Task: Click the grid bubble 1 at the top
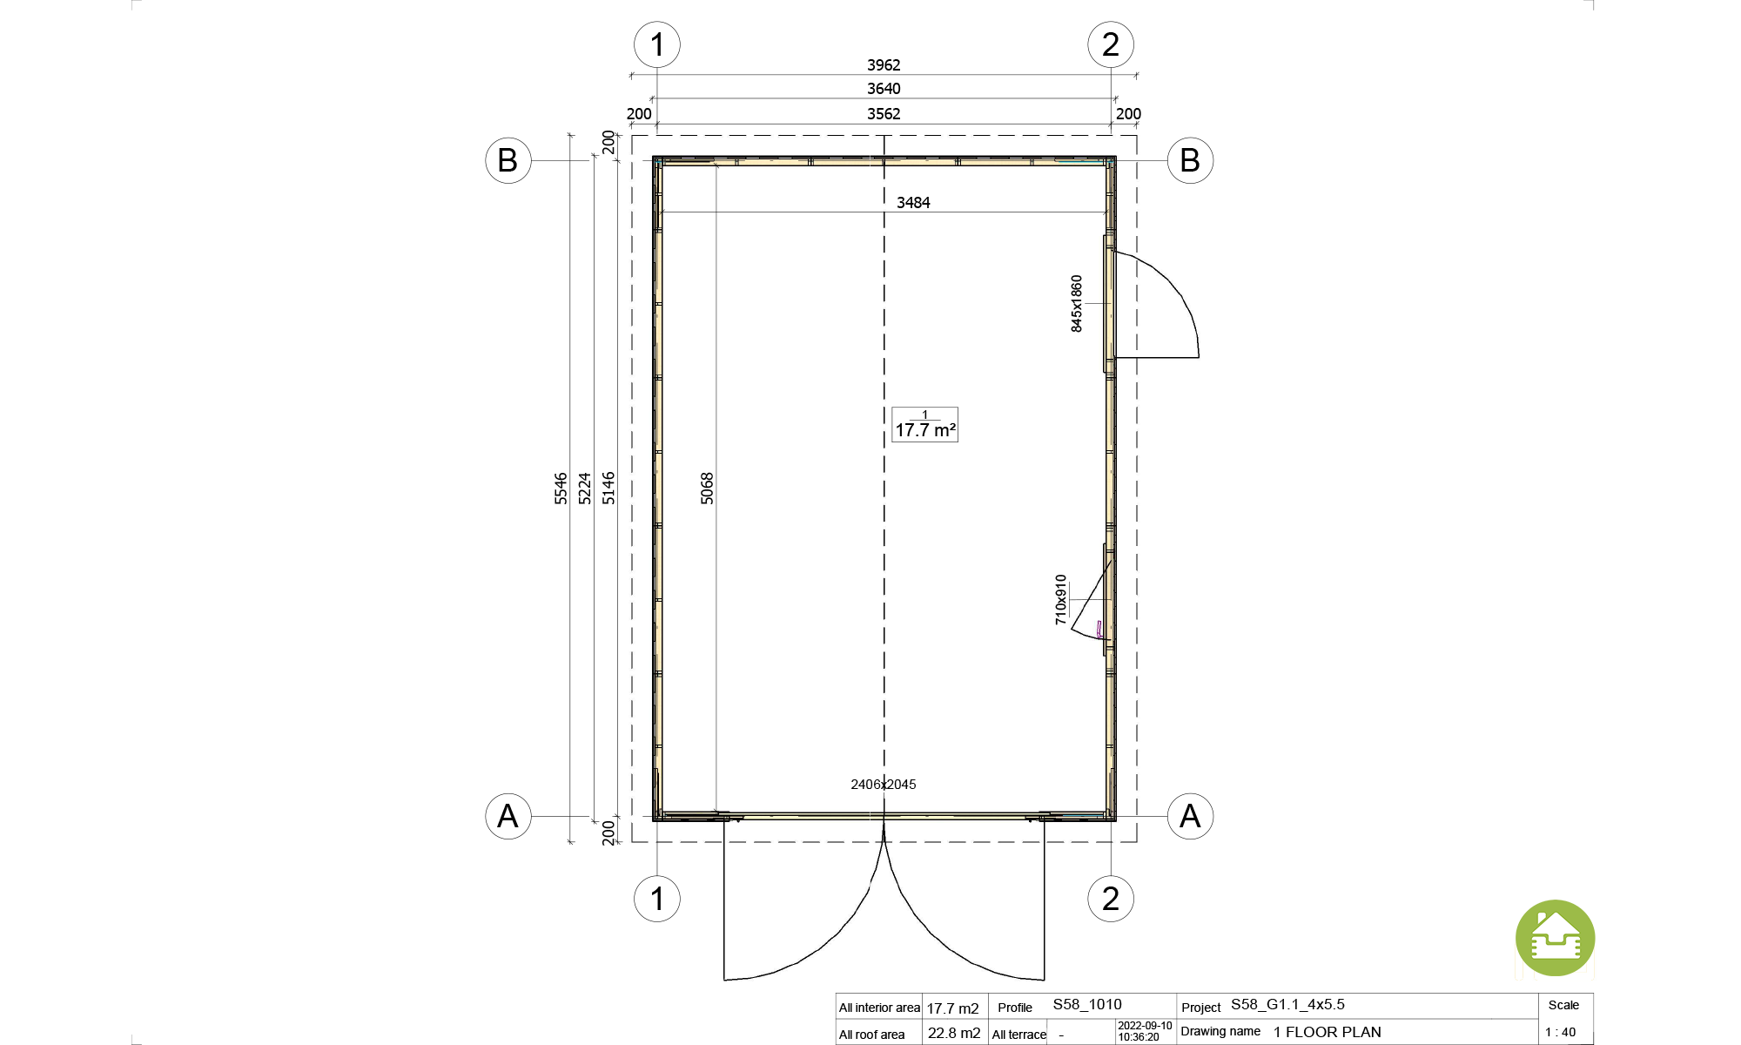click(x=657, y=44)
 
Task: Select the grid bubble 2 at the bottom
click(x=1111, y=899)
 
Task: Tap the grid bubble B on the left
click(x=508, y=160)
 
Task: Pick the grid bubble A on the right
click(x=1190, y=816)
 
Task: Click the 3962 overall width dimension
click(x=884, y=65)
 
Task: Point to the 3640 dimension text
click(x=884, y=89)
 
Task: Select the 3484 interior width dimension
click(x=913, y=203)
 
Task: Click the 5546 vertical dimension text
click(x=561, y=489)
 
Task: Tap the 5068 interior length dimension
click(x=707, y=489)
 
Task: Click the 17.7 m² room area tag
click(x=924, y=425)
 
